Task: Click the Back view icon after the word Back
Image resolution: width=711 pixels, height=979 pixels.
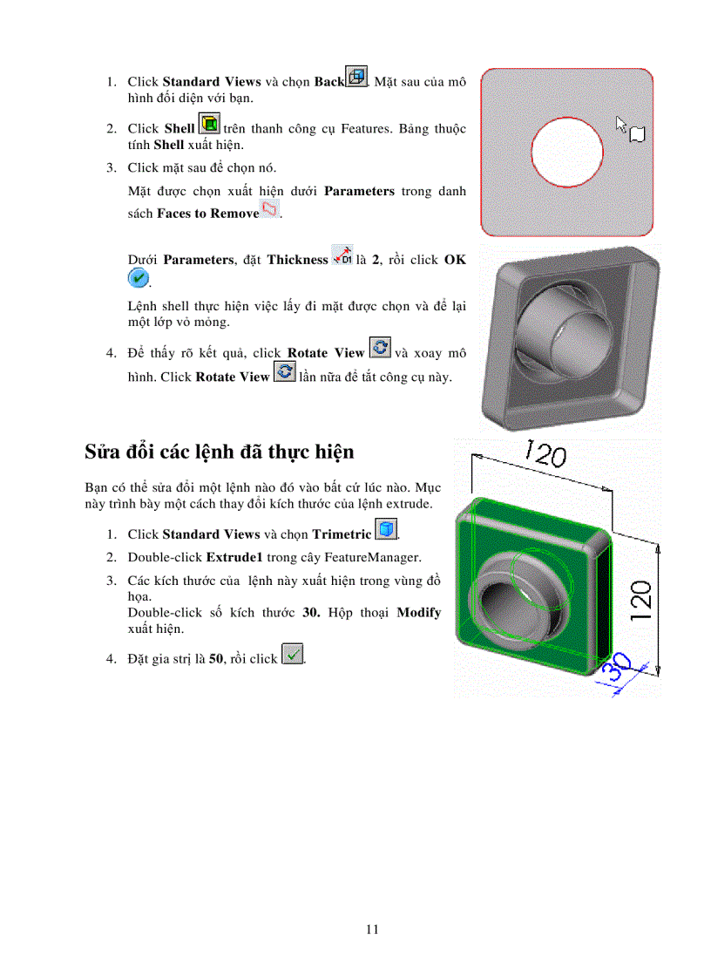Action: tap(356, 77)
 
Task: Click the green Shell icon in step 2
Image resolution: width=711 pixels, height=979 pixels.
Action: tap(209, 123)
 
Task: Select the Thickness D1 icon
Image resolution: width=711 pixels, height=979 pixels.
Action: tap(342, 255)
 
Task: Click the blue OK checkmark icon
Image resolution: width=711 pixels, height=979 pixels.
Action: tap(138, 278)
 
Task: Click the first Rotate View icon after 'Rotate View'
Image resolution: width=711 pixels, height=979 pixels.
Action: tap(380, 348)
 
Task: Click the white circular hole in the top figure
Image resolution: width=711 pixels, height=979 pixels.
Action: tap(566, 153)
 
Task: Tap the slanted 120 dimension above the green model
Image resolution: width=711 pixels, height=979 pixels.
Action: tap(544, 455)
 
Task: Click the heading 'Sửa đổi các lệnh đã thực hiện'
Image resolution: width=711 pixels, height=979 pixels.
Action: tap(219, 452)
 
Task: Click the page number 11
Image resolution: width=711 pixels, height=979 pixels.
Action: tap(372, 929)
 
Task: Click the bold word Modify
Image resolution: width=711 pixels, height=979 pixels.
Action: tap(418, 612)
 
